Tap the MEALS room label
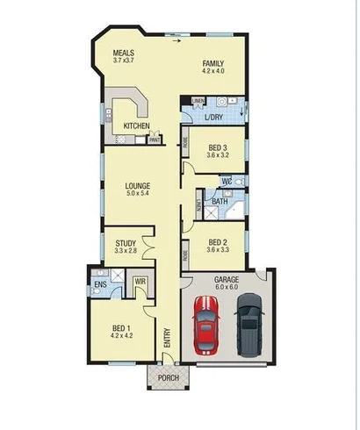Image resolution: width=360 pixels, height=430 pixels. [x=123, y=54]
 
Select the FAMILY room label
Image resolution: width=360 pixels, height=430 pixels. [x=213, y=63]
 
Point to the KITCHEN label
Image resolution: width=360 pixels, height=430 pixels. [x=136, y=127]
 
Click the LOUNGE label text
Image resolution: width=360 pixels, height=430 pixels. [x=137, y=186]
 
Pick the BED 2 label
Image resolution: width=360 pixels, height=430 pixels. [x=219, y=242]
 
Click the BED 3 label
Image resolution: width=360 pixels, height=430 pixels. [x=219, y=147]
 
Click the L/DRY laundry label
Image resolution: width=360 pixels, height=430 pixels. [x=213, y=117]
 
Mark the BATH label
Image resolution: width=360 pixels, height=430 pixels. [x=220, y=201]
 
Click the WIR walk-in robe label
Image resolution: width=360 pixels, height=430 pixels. [x=139, y=282]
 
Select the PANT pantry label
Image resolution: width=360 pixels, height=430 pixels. [x=154, y=140]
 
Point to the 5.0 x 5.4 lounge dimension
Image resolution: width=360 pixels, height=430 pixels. [x=137, y=194]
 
